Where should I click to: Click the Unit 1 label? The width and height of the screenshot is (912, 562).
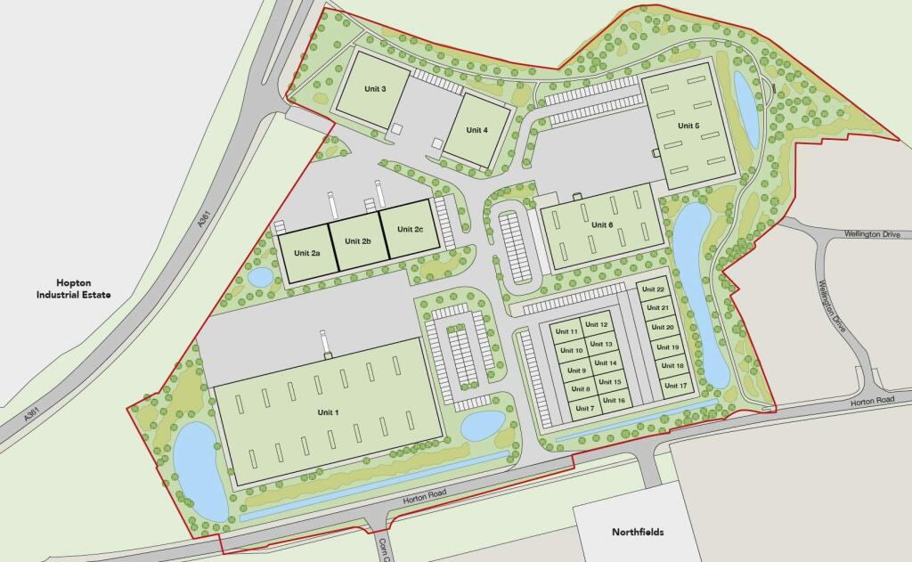pos(328,412)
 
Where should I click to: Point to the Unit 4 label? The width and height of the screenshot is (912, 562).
pos(476,130)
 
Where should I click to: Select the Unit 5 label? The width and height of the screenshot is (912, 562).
pos(688,126)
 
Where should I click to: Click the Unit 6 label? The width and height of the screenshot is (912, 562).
pos(603,224)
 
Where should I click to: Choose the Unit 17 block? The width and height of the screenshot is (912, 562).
pos(676,386)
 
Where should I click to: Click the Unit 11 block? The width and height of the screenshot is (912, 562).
pos(566,332)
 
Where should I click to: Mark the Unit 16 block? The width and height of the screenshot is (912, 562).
pos(614,401)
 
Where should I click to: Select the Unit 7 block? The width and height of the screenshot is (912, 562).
pos(584,409)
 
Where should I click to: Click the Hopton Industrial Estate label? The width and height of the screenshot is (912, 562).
pos(73,287)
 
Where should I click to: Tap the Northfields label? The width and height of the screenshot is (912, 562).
pos(638,533)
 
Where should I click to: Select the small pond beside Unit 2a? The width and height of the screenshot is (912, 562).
pos(260,277)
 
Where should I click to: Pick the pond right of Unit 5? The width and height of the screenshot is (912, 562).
pos(745,109)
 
